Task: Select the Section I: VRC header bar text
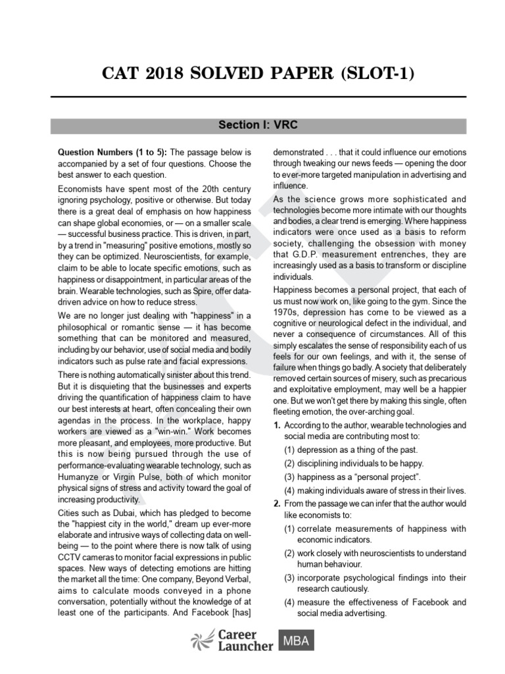[252, 124]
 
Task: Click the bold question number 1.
[277, 427]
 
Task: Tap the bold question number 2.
[277, 504]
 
